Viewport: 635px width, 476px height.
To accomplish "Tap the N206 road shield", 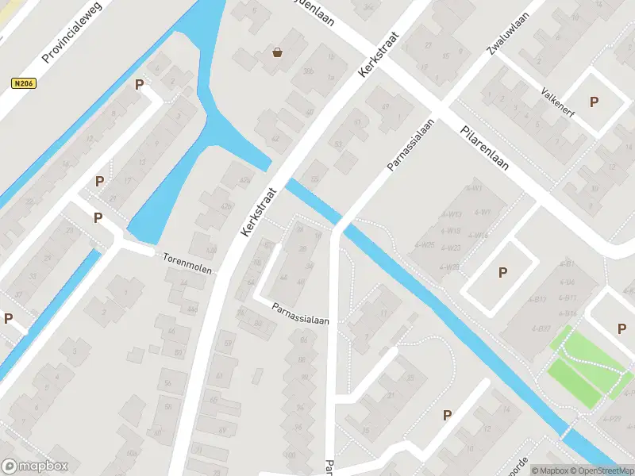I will click(24, 83).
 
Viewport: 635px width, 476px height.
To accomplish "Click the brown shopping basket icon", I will click(277, 53).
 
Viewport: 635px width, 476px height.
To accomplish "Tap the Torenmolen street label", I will click(187, 263).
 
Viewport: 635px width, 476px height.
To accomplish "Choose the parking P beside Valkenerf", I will click(594, 102).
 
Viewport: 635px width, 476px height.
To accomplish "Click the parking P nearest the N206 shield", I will click(140, 85).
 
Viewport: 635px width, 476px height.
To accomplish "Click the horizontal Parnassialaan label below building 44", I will click(300, 313).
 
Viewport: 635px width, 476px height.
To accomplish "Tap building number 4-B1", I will click(567, 263).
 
